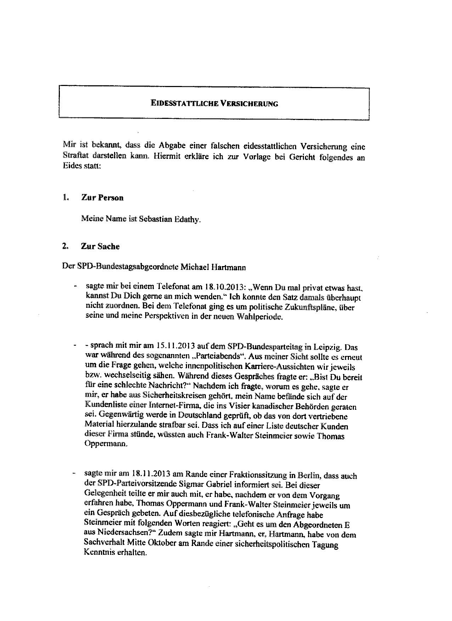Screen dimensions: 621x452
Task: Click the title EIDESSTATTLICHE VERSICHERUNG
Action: coord(214,103)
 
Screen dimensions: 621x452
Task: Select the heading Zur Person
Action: coord(102,197)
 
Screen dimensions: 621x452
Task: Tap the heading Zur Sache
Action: coord(100,246)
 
